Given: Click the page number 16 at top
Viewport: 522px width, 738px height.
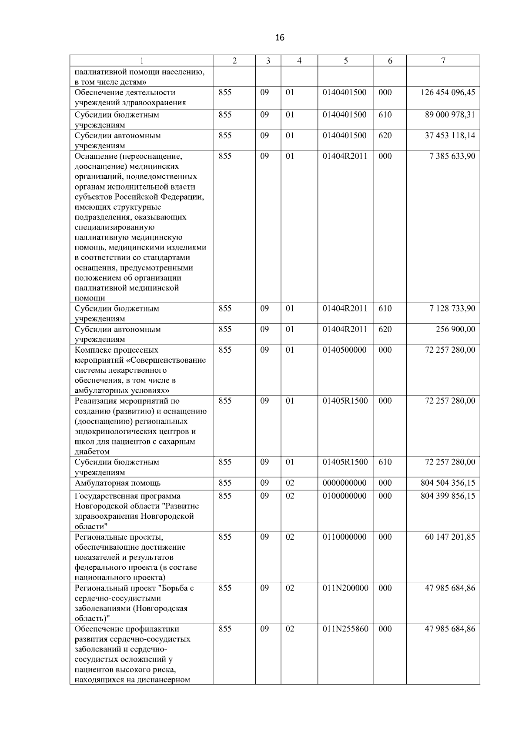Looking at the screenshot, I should tap(280, 38).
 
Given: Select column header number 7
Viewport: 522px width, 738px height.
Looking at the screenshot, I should tap(443, 61).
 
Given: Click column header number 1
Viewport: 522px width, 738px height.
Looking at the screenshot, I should tap(142, 61).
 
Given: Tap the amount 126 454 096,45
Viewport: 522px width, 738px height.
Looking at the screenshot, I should tap(448, 93).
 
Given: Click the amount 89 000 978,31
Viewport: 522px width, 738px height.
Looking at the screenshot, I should tap(450, 115).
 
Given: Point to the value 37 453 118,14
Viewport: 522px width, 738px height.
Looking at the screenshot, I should tap(450, 136).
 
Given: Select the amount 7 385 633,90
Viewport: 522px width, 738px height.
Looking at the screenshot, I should tap(452, 156).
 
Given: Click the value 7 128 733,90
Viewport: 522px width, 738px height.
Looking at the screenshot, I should tap(452, 309).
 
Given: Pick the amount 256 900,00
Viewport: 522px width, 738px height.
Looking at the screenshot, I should tap(455, 329).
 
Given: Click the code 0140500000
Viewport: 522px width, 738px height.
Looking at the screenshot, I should tap(345, 350).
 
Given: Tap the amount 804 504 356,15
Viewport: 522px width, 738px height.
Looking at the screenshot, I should tap(448, 483).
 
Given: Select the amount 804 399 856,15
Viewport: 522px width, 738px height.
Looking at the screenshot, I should tap(448, 496).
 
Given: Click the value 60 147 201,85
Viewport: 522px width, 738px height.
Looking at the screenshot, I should tap(450, 537).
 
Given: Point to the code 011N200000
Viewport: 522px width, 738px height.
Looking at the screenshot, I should tap(345, 588).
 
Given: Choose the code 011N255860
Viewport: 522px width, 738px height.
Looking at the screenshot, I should tap(345, 629).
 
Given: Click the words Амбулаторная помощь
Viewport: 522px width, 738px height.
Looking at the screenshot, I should tap(117, 483).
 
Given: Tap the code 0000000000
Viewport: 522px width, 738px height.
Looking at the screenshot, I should tap(345, 483).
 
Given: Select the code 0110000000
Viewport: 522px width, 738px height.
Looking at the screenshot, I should tap(345, 537).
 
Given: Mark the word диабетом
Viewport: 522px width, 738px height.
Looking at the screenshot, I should tap(92, 452).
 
